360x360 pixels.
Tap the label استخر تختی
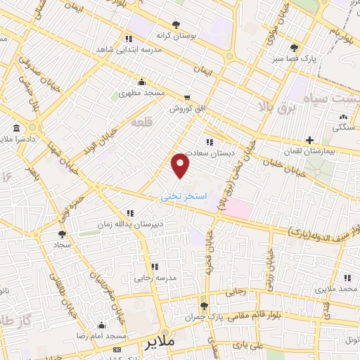184,197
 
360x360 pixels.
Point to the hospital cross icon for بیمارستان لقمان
309,141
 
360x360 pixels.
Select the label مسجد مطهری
140,92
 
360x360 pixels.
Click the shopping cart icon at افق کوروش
186,98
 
